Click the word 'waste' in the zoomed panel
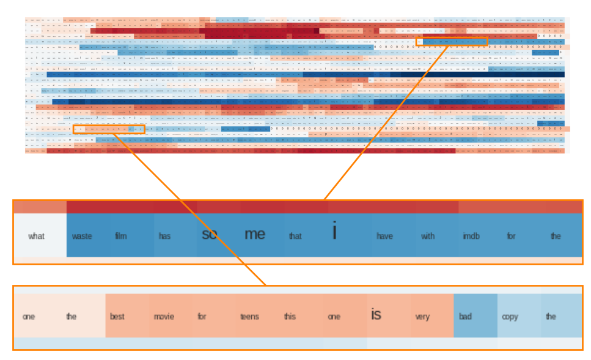(82, 236)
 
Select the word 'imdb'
(471, 236)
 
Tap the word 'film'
(121, 236)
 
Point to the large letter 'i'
(334, 232)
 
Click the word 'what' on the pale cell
(36, 236)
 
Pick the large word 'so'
(209, 234)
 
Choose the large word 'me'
(255, 234)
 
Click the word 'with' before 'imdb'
(428, 236)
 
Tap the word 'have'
(384, 236)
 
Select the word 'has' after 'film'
(164, 236)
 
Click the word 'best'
(117, 317)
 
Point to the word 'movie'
(164, 317)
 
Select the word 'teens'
(249, 317)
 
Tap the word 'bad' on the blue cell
(465, 317)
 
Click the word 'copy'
(510, 317)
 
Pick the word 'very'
(422, 317)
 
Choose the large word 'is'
(376, 315)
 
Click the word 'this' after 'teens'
(290, 317)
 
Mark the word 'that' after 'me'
(295, 236)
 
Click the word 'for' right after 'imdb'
(511, 236)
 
